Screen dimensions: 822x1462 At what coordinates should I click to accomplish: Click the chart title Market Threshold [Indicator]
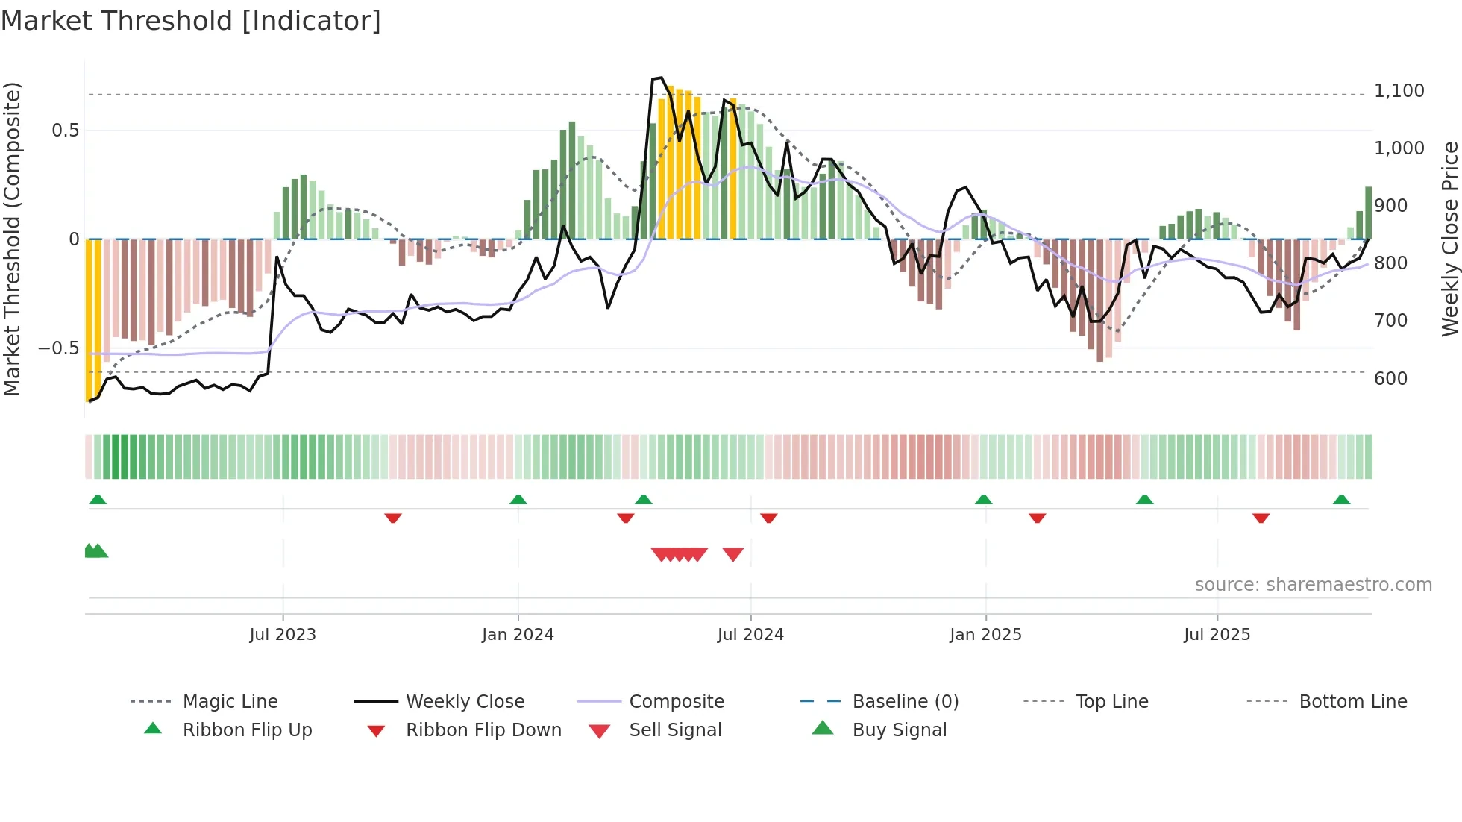(191, 21)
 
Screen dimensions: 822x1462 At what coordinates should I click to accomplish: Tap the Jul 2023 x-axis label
(283, 635)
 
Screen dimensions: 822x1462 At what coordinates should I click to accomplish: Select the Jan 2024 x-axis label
(518, 635)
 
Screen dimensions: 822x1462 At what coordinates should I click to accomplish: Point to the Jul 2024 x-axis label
(750, 635)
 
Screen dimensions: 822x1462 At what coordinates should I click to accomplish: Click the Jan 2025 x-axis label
(985, 635)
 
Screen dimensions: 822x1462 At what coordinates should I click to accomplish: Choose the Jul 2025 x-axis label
(1217, 635)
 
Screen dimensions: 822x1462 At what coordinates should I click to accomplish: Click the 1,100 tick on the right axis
(1399, 91)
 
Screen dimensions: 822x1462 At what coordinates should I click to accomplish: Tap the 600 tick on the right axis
(1390, 379)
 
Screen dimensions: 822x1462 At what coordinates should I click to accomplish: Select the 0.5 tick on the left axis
(65, 131)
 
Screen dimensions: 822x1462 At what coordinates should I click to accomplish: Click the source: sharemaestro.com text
(1313, 585)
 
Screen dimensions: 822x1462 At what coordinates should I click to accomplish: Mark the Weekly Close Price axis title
(1449, 239)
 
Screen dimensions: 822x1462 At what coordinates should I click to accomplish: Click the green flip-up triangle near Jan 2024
(518, 500)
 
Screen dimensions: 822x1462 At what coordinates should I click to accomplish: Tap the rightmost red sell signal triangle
(733, 554)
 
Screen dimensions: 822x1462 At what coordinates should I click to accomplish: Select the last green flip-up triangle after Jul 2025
(1341, 500)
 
